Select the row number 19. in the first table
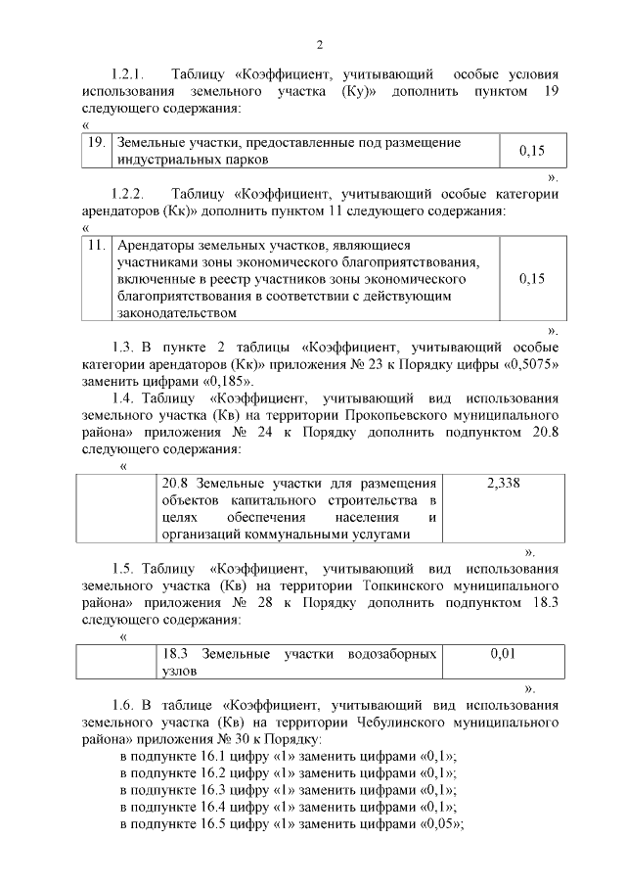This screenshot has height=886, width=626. coord(97,143)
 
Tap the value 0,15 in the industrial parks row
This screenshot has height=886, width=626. coord(531,151)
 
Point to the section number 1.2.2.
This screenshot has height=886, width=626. coord(128,193)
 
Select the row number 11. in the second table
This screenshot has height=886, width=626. coord(96,246)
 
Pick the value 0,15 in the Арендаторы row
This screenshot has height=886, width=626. coord(532,278)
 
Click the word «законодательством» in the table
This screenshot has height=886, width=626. coord(176,312)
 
